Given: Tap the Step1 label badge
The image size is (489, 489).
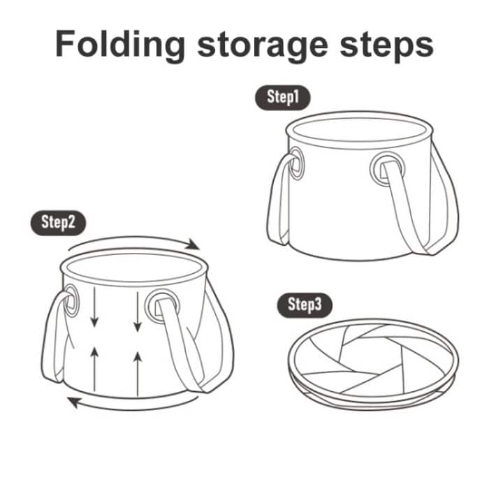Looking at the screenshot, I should pos(282,97).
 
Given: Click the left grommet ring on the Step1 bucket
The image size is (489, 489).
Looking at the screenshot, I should pos(295,163).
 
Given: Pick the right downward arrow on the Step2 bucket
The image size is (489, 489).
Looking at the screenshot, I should pos(137,312).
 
